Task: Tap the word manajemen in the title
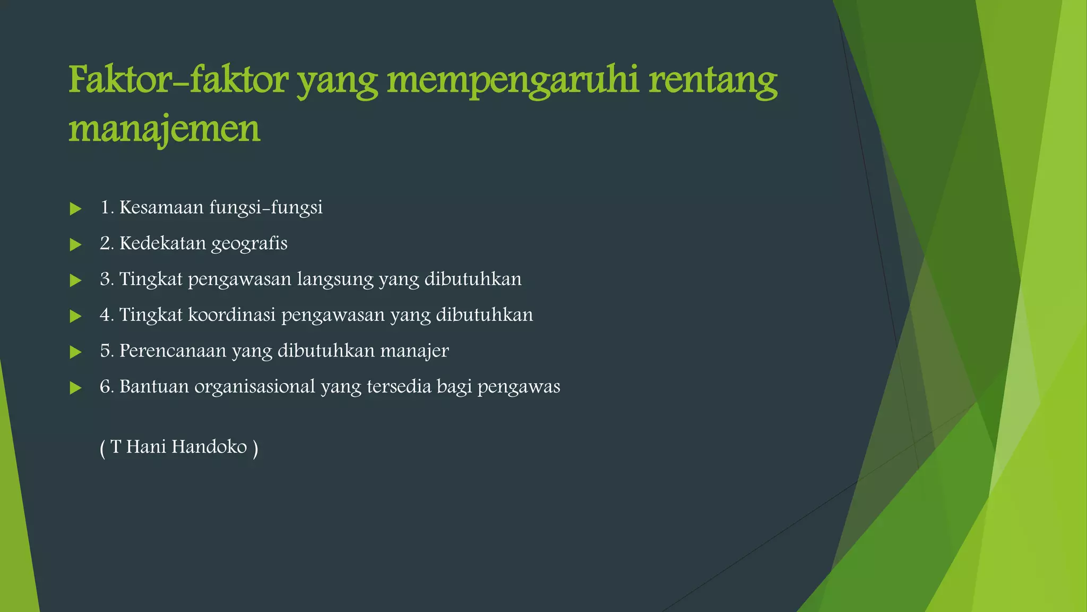pos(165,129)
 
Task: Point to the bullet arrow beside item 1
pos(75,209)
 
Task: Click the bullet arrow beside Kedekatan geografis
pos(75,244)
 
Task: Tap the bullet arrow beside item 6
pos(75,388)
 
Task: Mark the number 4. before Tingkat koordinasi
pos(107,315)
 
